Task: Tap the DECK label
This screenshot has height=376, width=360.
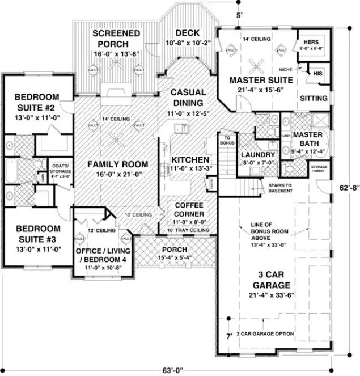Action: [187, 33]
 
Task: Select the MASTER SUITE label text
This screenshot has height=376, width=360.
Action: [260, 80]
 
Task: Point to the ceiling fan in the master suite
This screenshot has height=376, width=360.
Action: [260, 62]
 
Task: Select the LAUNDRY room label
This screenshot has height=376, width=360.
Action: [257, 155]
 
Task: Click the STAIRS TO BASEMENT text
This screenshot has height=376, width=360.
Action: [277, 188]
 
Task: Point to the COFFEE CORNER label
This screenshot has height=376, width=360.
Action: [186, 209]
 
